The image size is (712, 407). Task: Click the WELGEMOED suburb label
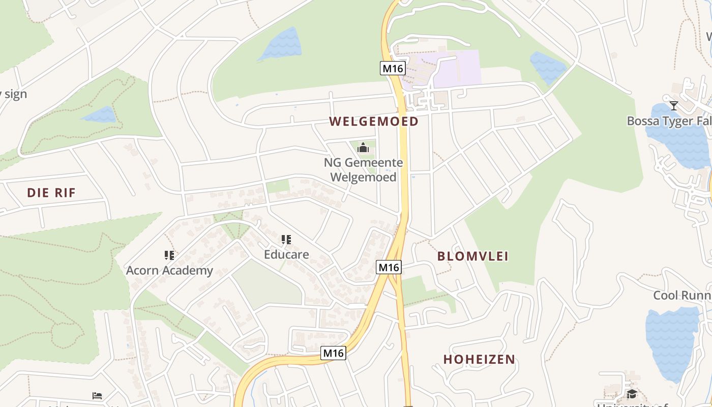coord(373,122)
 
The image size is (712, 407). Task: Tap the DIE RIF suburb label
coord(51,193)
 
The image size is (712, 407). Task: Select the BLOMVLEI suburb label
coord(473,256)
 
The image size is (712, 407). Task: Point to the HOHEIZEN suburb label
coord(479,359)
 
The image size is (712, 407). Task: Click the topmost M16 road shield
coord(393,68)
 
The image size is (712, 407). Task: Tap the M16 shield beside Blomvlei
coord(389,267)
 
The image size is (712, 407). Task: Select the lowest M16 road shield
coord(334,353)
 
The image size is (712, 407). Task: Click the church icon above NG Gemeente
coord(363,148)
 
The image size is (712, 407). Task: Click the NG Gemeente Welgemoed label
coord(363,170)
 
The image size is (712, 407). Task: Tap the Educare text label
coord(286,254)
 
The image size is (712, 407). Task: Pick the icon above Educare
coord(286,239)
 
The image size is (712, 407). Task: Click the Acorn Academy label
coord(169,270)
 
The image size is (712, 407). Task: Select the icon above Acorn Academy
coord(169,255)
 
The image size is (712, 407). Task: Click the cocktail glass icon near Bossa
coord(674,105)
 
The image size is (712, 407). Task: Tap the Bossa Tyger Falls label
coord(669,121)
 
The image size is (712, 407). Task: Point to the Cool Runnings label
coord(682,296)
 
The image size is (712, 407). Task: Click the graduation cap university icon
coord(632,394)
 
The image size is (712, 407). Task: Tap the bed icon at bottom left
coord(97,396)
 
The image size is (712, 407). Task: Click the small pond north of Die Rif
coord(100,115)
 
